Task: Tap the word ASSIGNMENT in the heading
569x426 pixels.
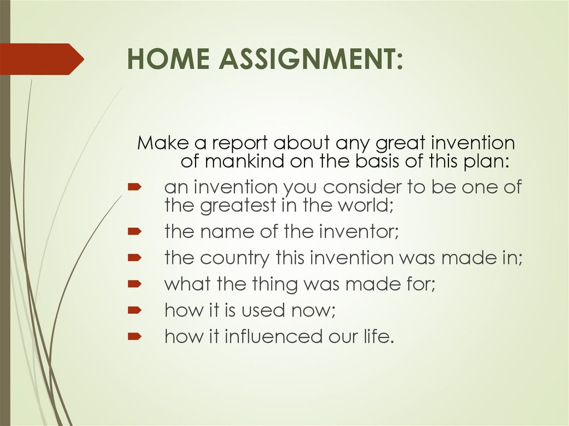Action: pos(309,59)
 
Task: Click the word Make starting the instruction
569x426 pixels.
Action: pos(162,143)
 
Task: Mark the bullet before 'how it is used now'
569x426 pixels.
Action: pos(134,310)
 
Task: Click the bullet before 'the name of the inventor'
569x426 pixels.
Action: pos(134,231)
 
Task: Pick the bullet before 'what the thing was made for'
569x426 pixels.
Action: pos(134,284)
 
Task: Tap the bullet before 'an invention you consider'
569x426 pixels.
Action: pos(134,188)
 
